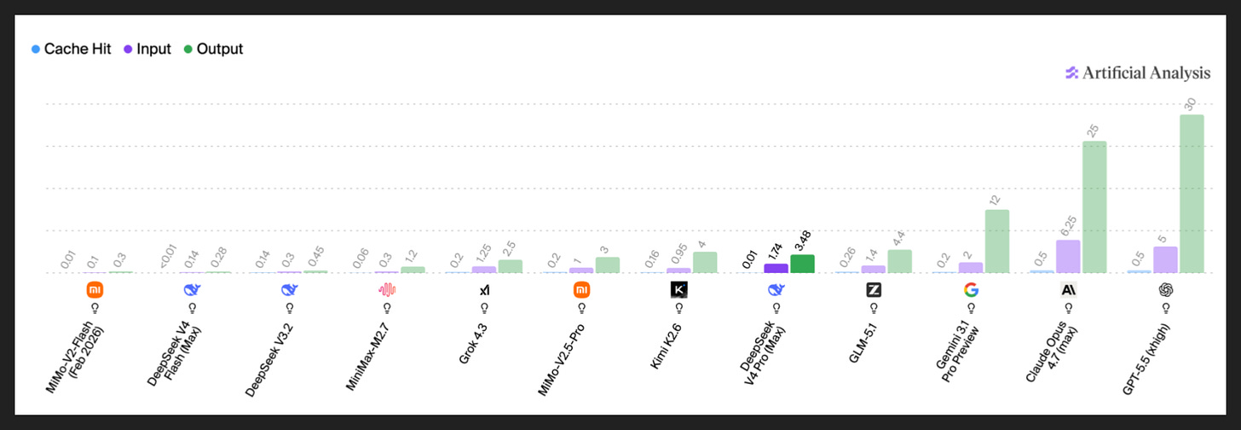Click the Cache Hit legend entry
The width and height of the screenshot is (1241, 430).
(72, 49)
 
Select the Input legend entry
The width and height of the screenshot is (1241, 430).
(147, 49)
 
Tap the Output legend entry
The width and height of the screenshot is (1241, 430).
(213, 49)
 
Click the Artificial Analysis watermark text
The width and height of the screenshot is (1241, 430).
(1146, 73)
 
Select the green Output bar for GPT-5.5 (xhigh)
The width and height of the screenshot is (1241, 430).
(1192, 194)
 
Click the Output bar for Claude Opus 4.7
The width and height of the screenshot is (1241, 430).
(1094, 207)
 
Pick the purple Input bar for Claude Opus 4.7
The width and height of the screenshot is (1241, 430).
(1068, 256)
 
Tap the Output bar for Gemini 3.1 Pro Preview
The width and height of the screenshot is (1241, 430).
(996, 241)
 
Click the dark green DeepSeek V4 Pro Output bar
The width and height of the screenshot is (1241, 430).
(802, 264)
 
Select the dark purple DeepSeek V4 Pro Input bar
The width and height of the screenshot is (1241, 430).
(776, 269)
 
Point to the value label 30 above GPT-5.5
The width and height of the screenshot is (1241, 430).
(1191, 104)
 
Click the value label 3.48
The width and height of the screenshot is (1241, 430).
(803, 241)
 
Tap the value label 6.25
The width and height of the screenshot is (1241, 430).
(1069, 226)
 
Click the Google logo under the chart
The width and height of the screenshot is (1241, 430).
(971, 289)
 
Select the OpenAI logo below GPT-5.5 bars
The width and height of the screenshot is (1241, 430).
(1166, 289)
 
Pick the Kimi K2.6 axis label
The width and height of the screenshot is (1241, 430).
(666, 346)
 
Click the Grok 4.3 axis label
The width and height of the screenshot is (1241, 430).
(473, 344)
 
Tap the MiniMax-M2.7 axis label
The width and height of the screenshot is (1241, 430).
(368, 357)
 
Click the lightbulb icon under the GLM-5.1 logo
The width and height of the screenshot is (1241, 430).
(874, 308)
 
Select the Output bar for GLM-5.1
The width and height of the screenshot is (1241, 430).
(900, 261)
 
